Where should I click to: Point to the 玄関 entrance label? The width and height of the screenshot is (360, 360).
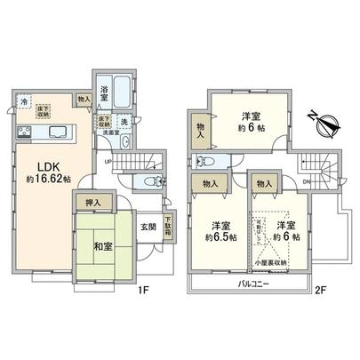[x=148, y=225]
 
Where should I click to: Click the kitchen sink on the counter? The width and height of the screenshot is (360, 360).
[x=60, y=133]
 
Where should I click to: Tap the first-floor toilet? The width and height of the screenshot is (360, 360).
[x=147, y=182]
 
